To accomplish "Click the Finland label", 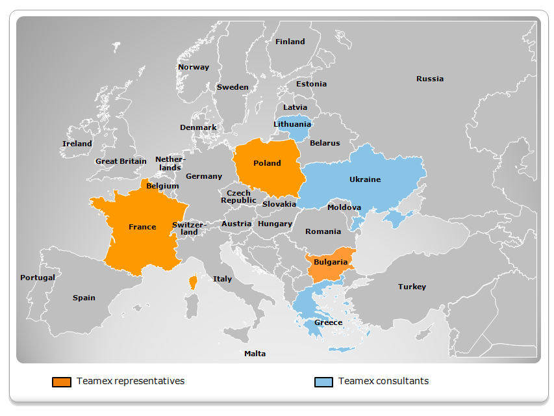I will point(290,42).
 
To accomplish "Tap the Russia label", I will point(430,79).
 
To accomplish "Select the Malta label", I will point(255,354).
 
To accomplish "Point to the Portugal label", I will point(38,278).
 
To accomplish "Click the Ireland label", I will point(77,144).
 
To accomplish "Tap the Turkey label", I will point(412,287).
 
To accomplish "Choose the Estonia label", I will point(311,84).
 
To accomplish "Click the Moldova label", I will point(344,207).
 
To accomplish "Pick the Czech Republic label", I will point(238,197).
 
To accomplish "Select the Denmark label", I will point(198,127).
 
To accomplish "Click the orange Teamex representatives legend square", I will point(61,382).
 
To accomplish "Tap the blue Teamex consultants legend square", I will point(323,382).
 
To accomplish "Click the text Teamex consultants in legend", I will point(383,381).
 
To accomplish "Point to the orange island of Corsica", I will point(193,282).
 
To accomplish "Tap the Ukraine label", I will point(365,179).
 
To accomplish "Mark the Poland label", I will point(267,163).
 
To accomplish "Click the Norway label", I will point(194,67).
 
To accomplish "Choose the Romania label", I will point(323,231).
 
